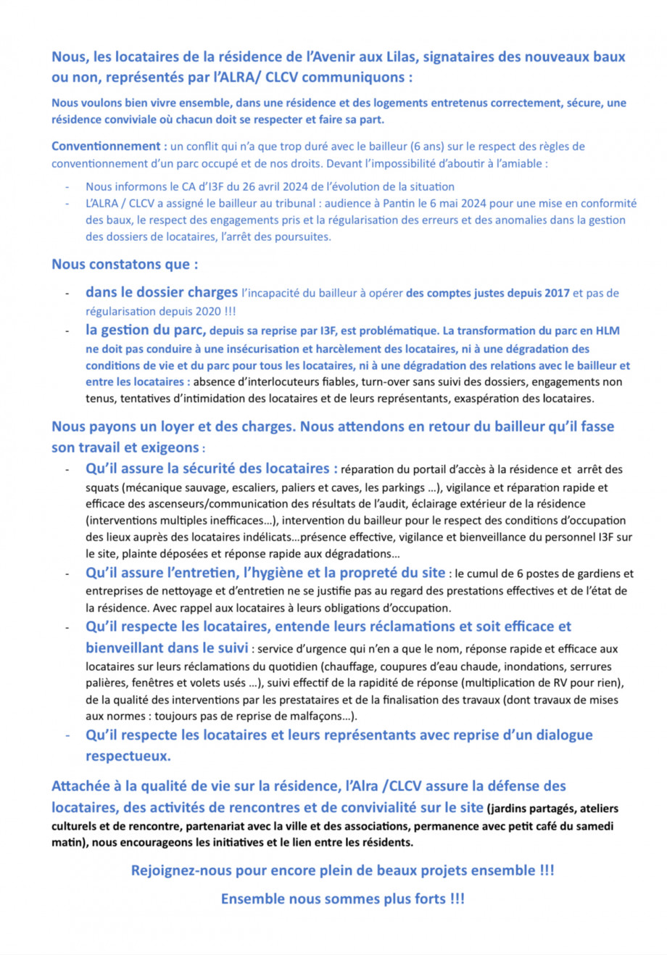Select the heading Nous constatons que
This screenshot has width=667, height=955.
point(124,265)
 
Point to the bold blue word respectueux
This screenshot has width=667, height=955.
point(127,756)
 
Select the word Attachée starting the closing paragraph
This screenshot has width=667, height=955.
point(81,786)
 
